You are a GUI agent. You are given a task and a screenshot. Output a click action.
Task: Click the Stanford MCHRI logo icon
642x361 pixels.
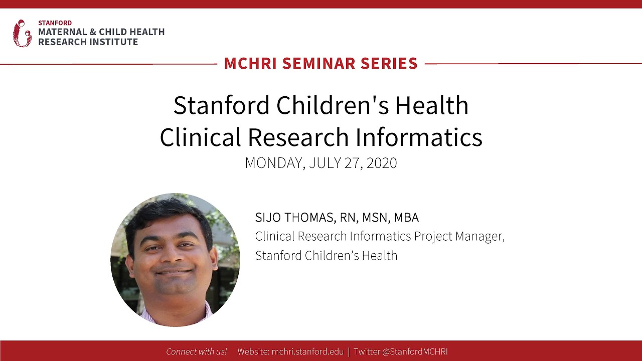pos(22,33)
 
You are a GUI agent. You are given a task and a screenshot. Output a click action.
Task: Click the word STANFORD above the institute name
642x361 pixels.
pos(55,23)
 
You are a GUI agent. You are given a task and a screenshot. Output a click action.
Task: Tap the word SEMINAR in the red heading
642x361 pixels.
pos(322,64)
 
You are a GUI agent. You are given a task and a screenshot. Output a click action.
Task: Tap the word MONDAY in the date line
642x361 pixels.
pos(274,163)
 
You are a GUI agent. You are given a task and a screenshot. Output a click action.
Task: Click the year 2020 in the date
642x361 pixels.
pos(382,163)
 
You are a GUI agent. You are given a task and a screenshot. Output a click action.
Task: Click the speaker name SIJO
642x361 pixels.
pos(268,218)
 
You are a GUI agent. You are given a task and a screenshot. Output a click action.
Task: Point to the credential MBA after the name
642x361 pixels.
pos(406,218)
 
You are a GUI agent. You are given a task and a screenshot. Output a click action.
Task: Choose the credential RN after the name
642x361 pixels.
pos(348,218)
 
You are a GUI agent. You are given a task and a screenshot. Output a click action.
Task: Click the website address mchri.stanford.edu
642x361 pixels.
pos(307,351)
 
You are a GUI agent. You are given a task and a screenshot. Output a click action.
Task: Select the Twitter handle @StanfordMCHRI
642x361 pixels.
pos(415,351)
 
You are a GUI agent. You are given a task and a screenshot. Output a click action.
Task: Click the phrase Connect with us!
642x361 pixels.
pos(196,351)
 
